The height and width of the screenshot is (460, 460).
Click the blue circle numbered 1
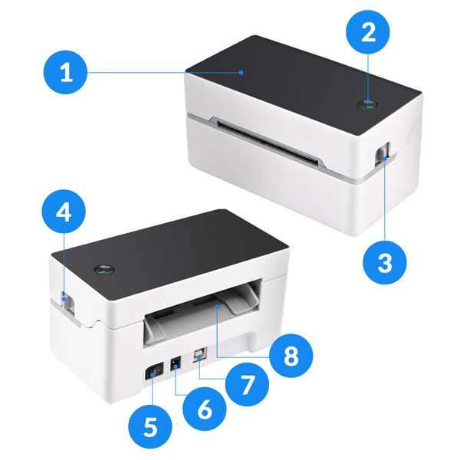pyautogui.click(x=65, y=72)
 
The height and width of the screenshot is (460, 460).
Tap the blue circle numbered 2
pyautogui.click(x=368, y=31)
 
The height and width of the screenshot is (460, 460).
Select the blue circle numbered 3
pyautogui.click(x=385, y=262)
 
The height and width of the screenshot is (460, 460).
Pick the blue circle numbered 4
pyautogui.click(x=64, y=212)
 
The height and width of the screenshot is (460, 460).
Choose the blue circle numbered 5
pyautogui.click(x=150, y=426)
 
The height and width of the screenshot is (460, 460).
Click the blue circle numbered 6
pyautogui.click(x=205, y=409)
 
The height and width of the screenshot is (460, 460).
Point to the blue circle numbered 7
pyautogui.click(x=247, y=384)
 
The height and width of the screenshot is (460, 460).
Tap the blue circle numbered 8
pyautogui.click(x=291, y=356)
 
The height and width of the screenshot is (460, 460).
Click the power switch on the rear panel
pyautogui.click(x=154, y=373)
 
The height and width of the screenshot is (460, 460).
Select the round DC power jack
pyautogui.click(x=176, y=365)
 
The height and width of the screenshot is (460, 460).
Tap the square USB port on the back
pyautogui.click(x=200, y=354)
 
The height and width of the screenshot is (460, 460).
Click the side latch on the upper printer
pyautogui.click(x=384, y=153)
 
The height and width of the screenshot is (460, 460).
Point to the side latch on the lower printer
pyautogui.click(x=67, y=303)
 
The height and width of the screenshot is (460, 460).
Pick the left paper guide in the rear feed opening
pyautogui.click(x=155, y=330)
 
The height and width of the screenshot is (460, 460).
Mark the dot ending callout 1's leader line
pyautogui.click(x=242, y=73)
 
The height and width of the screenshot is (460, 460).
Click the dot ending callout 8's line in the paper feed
pyautogui.click(x=217, y=306)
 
